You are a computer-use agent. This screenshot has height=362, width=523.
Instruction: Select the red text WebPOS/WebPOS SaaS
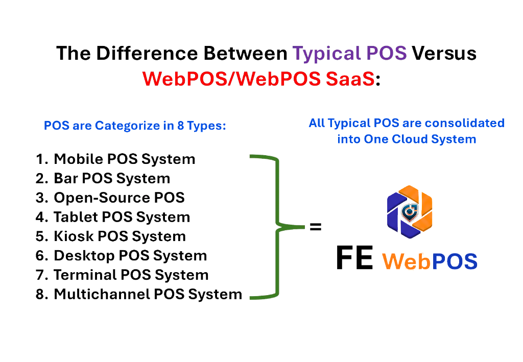pyautogui.click(x=259, y=79)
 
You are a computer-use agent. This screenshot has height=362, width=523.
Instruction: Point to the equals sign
pyautogui.click(x=316, y=228)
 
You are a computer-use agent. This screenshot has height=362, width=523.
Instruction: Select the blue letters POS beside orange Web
pyautogui.click(x=455, y=261)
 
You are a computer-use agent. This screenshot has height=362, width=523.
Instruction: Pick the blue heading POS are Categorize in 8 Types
pyautogui.click(x=135, y=126)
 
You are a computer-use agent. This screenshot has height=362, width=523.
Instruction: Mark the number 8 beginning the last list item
pyautogui.click(x=41, y=295)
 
